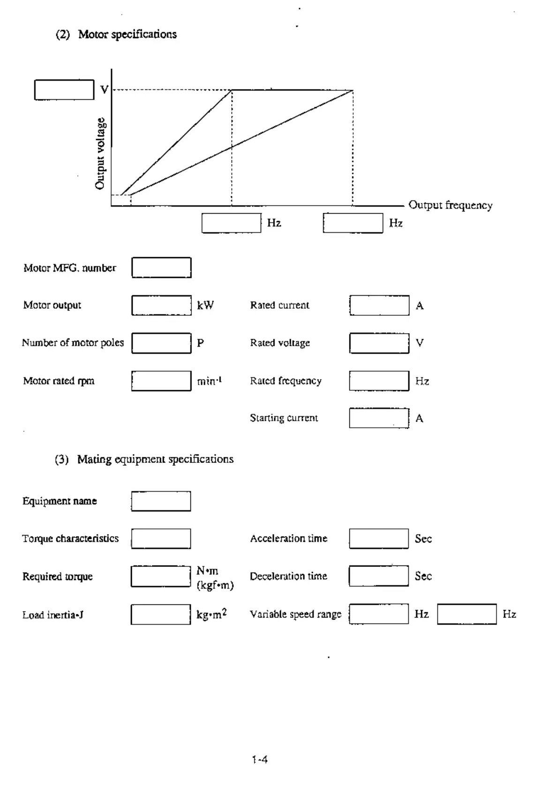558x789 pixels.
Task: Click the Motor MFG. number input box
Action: (161, 268)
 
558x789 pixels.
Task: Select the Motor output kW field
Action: (161, 305)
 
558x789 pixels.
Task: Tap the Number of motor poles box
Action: (161, 343)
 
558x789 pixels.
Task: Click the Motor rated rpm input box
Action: (161, 381)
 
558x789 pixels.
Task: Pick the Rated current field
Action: (379, 305)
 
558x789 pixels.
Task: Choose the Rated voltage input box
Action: (379, 343)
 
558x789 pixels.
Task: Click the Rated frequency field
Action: (379, 381)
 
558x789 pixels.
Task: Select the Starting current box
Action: (379, 418)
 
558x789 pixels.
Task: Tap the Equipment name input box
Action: (161, 501)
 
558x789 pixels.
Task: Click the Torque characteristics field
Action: (161, 539)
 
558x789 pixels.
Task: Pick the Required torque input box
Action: (161, 576)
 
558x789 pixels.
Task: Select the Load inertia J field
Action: (161, 614)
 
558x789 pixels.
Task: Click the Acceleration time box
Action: (378, 539)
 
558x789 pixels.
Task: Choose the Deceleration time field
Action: (378, 576)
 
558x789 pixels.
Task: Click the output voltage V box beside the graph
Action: (64, 89)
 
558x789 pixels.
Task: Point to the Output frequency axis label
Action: (450, 205)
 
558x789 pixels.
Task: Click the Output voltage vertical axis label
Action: (100, 153)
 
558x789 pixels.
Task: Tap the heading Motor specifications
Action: (127, 34)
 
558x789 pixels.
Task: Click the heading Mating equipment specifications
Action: (155, 459)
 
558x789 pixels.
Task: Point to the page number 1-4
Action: (260, 759)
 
